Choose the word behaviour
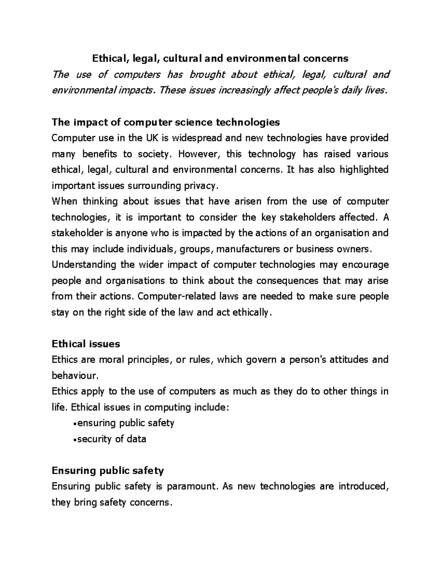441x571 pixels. click(x=75, y=375)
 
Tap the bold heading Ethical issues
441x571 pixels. click(x=86, y=344)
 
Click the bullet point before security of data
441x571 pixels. click(x=75, y=439)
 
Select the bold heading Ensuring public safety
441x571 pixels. click(x=108, y=471)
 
